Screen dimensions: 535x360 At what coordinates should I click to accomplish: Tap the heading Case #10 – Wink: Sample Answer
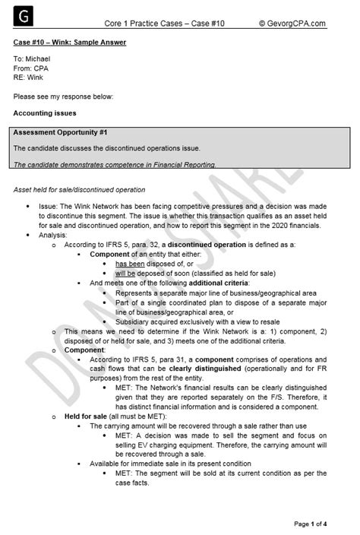click(70, 43)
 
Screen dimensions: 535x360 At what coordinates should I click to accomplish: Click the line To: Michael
click(33, 58)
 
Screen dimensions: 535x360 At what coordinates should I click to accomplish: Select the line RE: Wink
click(30, 76)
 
